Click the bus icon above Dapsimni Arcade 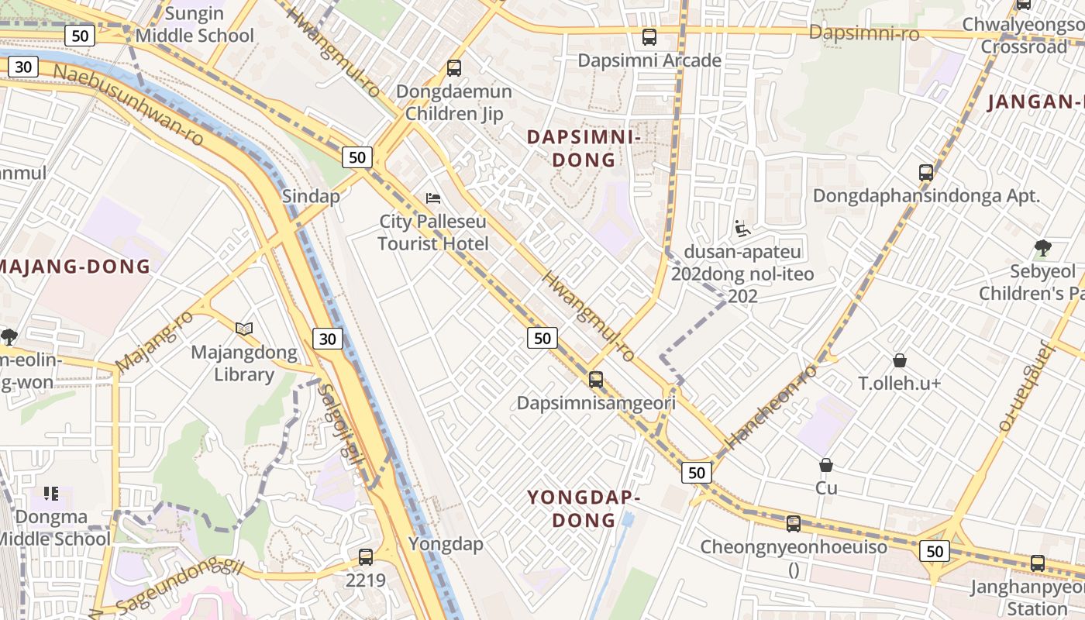point(649,36)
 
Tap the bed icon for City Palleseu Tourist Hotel point(433,198)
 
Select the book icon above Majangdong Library point(244,329)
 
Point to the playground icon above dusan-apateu point(742,229)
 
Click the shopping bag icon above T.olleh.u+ point(900,360)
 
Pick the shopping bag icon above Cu point(826,465)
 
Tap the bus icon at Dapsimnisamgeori point(596,380)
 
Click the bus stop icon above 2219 point(366,556)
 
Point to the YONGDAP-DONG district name point(584,508)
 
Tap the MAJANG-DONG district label point(74,267)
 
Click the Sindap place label point(311,196)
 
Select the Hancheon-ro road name point(770,406)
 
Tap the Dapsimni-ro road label point(863,33)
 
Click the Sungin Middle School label point(195,25)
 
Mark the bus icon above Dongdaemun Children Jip point(454,68)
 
